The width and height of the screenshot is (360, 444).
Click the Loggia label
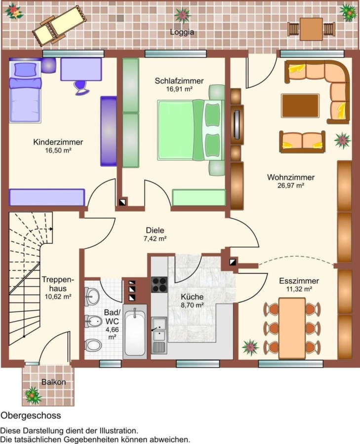(182, 32)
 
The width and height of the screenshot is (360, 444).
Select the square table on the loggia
(311, 29)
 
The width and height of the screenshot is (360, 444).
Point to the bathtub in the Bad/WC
(135, 332)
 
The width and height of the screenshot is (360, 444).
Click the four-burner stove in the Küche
(159, 285)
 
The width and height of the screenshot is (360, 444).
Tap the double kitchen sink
(159, 330)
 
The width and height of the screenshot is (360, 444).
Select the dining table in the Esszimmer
(292, 329)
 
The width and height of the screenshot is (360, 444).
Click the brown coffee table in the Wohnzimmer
(300, 106)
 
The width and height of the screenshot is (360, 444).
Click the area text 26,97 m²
(290, 186)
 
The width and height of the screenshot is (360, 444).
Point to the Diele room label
(155, 230)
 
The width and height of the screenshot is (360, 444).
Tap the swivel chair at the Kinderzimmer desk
(81, 87)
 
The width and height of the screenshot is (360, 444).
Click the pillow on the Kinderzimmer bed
(26, 70)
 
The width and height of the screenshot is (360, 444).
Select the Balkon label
(53, 382)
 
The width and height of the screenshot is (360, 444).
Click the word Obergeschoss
(31, 416)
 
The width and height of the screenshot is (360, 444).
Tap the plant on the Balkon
(33, 395)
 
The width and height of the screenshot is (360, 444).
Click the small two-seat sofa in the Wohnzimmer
(302, 142)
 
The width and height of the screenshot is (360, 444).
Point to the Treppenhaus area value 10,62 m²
(58, 297)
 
